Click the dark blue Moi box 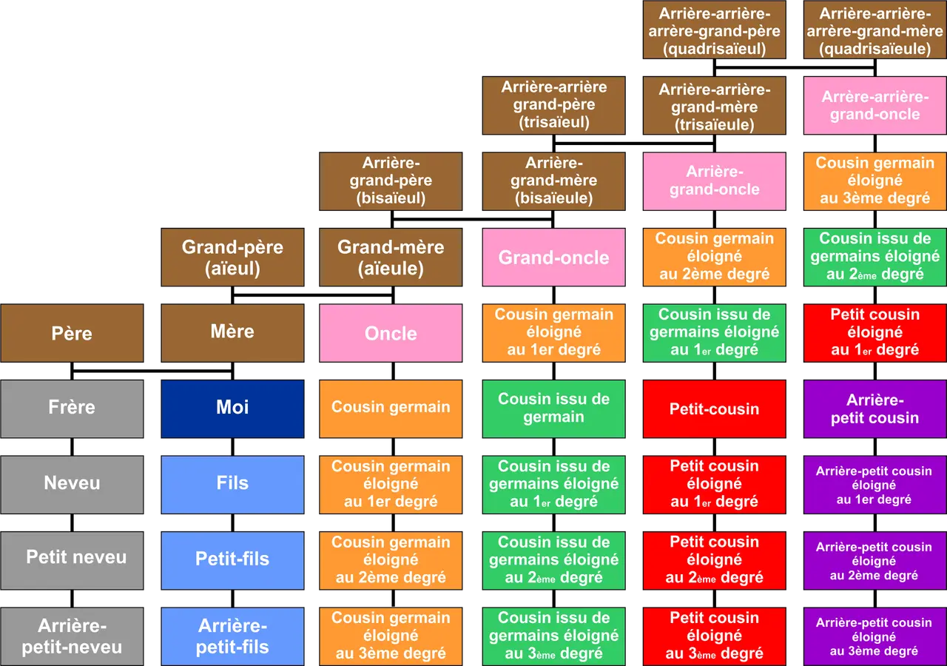coord(232,408)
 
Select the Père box coord(72,333)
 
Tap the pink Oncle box coord(391,333)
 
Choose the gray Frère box coord(72,408)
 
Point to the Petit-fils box coord(232,560)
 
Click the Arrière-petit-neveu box coord(72,636)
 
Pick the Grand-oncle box coord(554,257)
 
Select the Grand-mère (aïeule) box coord(391,257)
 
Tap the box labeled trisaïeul coord(554,105)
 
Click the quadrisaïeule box coord(875,30)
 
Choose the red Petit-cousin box coord(715,408)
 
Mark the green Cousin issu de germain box coord(554,408)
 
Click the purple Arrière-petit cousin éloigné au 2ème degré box coord(875,560)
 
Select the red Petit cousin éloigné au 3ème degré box coord(715,636)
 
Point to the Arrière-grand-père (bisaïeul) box coord(391,181)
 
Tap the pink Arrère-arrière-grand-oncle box coord(875,105)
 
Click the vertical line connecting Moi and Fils coord(232,447)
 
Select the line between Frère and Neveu coord(72,447)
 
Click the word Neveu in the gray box coord(72,482)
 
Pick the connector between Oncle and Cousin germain coord(393,371)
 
